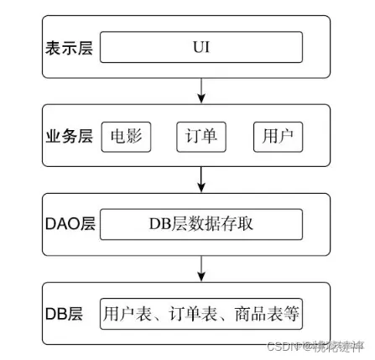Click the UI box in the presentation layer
click(201, 47)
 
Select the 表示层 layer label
click(69, 48)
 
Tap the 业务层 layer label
click(69, 136)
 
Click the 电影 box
click(126, 136)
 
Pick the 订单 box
click(201, 136)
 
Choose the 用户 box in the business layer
click(278, 136)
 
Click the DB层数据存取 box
click(201, 224)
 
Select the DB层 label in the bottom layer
click(64, 314)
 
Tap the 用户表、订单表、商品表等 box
click(201, 314)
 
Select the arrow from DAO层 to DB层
click(201, 268)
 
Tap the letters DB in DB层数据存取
click(160, 224)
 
